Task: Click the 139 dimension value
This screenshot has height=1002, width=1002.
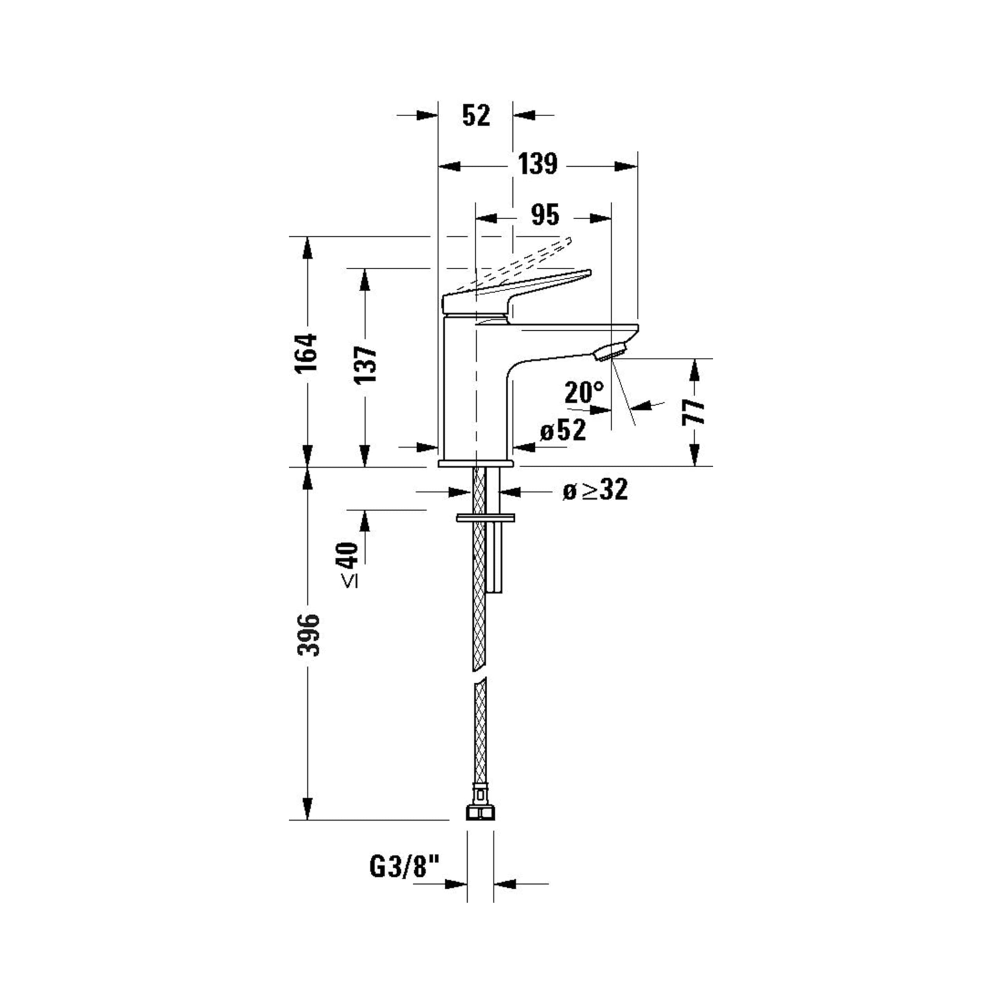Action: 537,164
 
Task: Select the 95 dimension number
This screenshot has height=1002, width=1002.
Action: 545,215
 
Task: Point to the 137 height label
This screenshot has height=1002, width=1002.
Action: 365,364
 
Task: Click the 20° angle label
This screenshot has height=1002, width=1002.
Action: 584,392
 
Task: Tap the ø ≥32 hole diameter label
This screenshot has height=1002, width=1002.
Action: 595,489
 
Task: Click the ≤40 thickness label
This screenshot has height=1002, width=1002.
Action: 350,565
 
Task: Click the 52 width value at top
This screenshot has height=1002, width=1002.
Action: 476,115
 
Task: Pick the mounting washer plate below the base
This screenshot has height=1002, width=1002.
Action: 485,518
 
